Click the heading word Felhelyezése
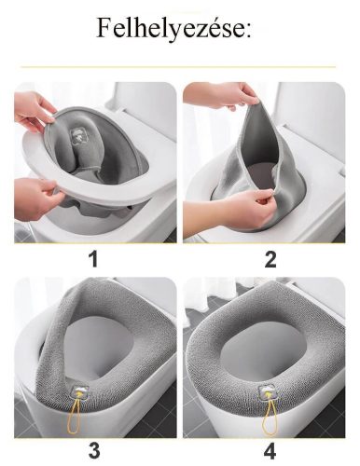coord(171,29)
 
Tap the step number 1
coord(93,259)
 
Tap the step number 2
coord(270,259)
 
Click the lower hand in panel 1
coord(35,199)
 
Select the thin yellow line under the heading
coord(178,67)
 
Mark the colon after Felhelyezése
coord(249,31)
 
